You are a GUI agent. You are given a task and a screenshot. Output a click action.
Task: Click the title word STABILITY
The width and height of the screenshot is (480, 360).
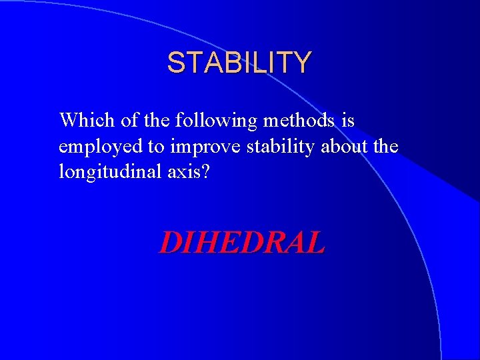pyautogui.click(x=239, y=63)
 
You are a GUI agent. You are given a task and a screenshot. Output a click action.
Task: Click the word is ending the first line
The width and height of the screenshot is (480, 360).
pyautogui.click(x=347, y=121)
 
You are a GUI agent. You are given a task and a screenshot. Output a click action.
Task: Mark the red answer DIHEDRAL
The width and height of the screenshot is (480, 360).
pyautogui.click(x=241, y=243)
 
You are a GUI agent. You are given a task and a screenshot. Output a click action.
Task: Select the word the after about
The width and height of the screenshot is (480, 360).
pyautogui.click(x=386, y=146)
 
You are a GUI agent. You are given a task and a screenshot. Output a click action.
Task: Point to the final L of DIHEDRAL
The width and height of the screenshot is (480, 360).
pyautogui.click(x=315, y=243)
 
